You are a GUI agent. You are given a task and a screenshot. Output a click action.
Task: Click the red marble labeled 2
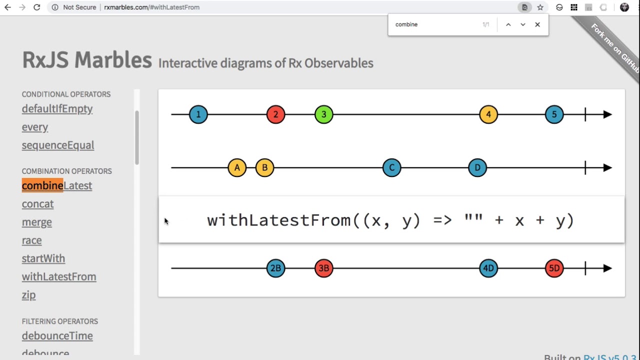click(275, 114)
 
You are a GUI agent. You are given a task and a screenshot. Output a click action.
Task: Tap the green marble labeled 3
click(323, 114)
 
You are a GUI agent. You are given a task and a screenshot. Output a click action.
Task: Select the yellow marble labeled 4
click(488, 114)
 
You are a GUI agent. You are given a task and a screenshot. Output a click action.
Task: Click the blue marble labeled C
click(391, 167)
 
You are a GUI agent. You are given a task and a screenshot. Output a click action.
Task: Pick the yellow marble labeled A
click(237, 167)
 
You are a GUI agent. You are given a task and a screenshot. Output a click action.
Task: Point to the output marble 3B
click(323, 268)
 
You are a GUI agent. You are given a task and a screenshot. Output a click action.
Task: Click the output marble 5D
click(554, 268)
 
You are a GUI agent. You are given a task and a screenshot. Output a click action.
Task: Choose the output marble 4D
click(488, 268)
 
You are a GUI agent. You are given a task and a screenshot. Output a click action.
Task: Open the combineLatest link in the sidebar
click(57, 185)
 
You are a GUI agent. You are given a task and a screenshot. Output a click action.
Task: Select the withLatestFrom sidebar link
click(59, 276)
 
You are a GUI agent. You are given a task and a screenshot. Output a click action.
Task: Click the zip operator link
click(28, 294)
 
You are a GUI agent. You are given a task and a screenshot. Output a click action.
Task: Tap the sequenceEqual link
click(58, 145)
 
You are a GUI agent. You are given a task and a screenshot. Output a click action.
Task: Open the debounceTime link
click(57, 335)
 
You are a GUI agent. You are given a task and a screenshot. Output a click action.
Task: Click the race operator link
click(31, 240)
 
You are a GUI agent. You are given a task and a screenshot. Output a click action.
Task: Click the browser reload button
click(36, 7)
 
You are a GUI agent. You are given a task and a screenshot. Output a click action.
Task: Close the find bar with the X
click(537, 24)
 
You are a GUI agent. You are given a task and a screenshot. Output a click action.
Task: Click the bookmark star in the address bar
click(540, 7)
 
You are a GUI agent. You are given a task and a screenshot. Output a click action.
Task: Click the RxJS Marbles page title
click(87, 60)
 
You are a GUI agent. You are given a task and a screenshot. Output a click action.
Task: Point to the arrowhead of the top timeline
click(607, 114)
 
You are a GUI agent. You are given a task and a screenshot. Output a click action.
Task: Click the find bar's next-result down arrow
click(523, 24)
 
